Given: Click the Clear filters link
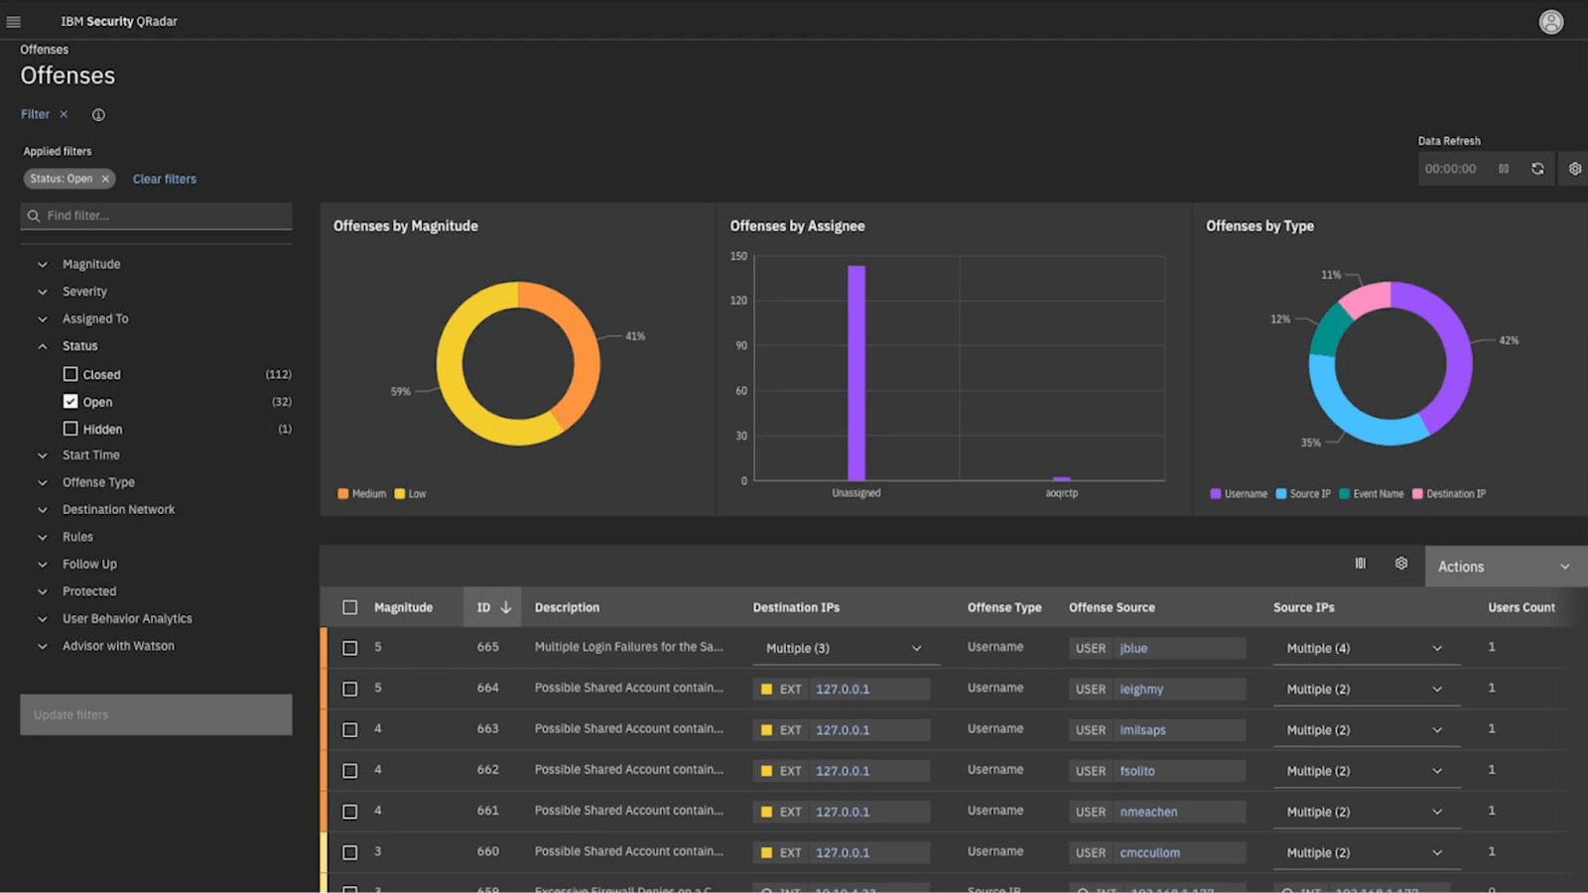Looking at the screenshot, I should click(x=165, y=179).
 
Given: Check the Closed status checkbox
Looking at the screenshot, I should click(x=70, y=374).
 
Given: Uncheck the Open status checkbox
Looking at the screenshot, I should click(x=70, y=402).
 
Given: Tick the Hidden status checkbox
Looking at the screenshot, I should click(x=70, y=429).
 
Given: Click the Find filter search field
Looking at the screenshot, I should click(x=159, y=215).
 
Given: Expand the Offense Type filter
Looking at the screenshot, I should click(x=98, y=482).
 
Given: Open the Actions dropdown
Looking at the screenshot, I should click(x=1505, y=567).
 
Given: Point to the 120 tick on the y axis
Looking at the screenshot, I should click(x=739, y=301).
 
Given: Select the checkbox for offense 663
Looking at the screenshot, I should click(x=350, y=729).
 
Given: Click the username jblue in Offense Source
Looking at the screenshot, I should click(x=1133, y=648).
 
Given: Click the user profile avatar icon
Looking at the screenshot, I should click(x=1550, y=22).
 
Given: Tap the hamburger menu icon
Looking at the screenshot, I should click(x=14, y=22).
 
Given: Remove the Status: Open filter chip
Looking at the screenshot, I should click(x=105, y=179).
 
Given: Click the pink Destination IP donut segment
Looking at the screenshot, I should click(x=1368, y=298).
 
